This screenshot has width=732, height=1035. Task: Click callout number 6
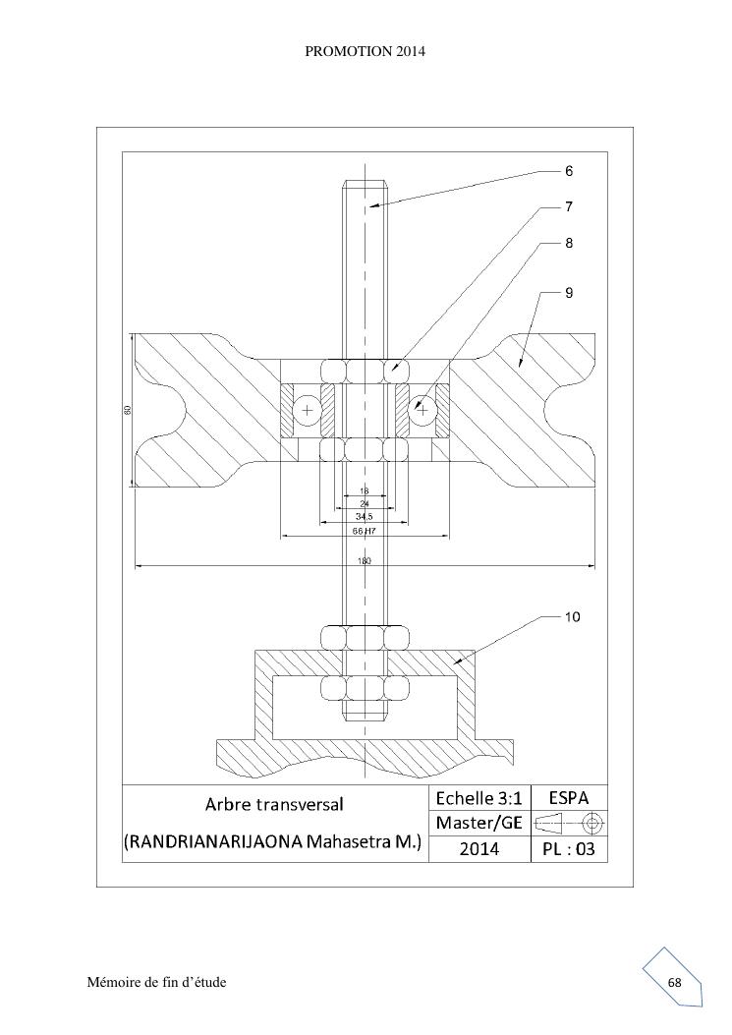click(x=569, y=171)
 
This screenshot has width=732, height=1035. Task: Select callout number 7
click(x=569, y=206)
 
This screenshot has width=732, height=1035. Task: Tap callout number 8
click(x=569, y=243)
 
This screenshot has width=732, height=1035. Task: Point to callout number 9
click(x=569, y=292)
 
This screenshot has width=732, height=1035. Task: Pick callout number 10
click(x=572, y=617)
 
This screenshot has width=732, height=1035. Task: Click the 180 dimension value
click(x=365, y=561)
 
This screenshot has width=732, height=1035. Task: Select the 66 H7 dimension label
click(x=365, y=531)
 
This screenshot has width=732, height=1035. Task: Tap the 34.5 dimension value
click(x=365, y=517)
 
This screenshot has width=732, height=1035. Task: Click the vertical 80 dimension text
click(x=127, y=410)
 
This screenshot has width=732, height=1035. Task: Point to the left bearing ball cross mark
click(x=307, y=411)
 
